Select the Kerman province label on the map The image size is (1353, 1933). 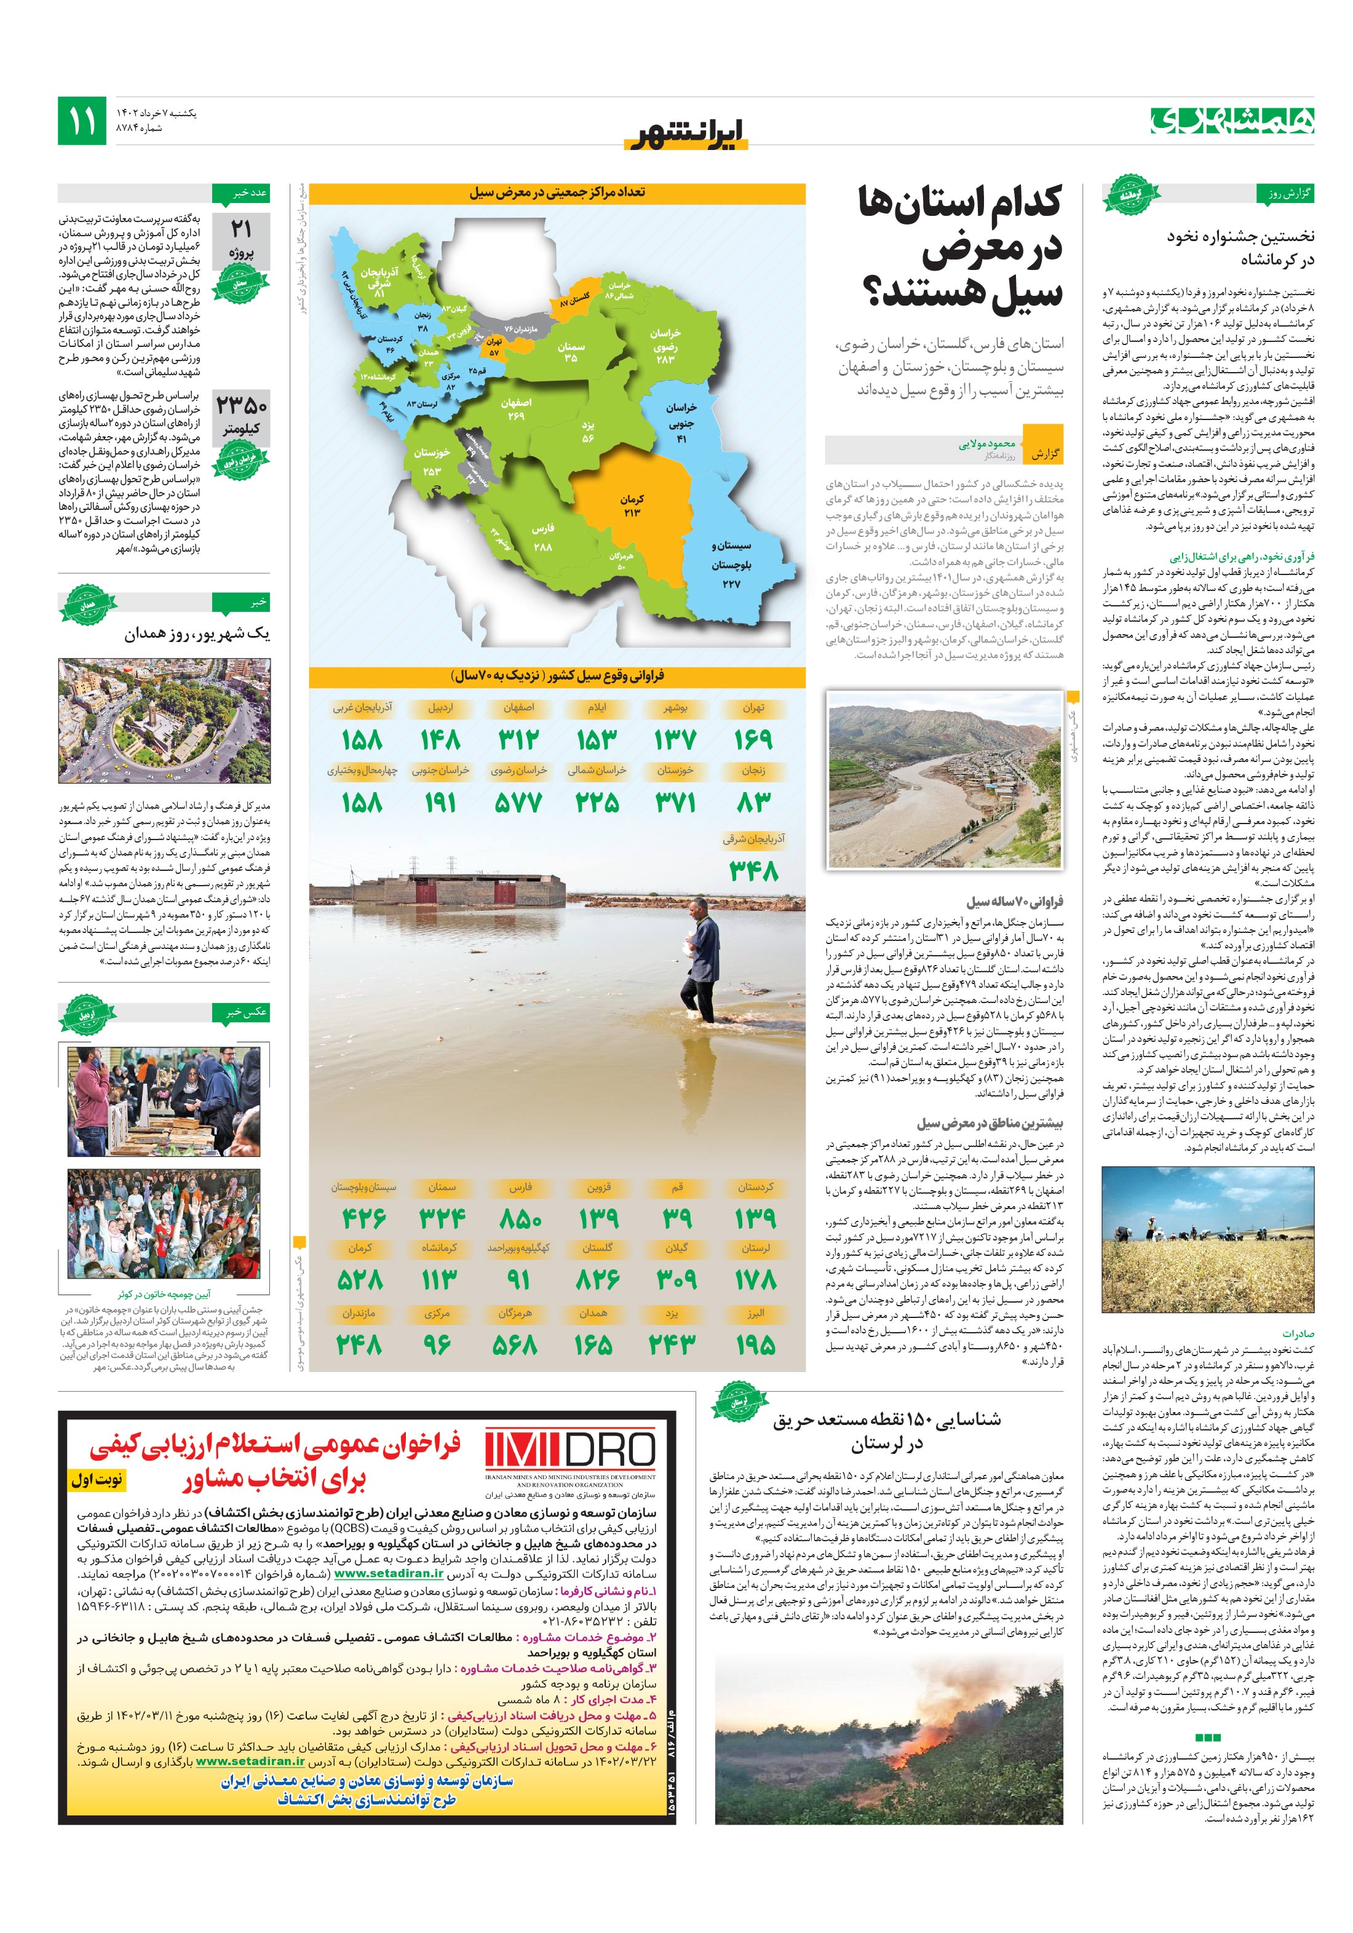[632, 505]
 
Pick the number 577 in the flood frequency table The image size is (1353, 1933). [518, 803]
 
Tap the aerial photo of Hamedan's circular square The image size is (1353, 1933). [164, 721]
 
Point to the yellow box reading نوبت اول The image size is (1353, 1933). [97, 1479]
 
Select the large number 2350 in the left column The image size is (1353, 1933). [242, 407]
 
